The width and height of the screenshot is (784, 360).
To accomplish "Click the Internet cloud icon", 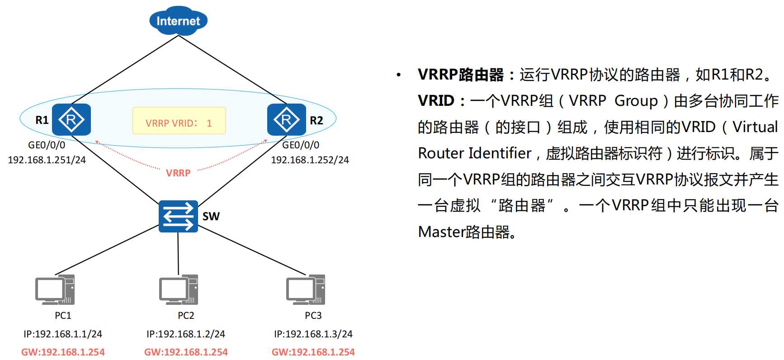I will coord(178,20).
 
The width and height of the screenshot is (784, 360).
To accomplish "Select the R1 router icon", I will coord(71,119).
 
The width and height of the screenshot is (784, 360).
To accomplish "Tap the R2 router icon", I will coord(287,119).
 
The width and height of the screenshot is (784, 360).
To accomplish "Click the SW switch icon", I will coord(178,216).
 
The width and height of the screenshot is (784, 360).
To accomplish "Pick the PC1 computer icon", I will coord(55,289).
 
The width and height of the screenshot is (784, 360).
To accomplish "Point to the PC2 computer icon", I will coord(179,289).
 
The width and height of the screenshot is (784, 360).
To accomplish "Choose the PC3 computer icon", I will coord(306,289).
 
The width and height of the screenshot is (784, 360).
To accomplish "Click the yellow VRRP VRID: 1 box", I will coord(179,121).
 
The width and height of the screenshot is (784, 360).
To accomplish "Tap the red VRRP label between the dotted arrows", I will coord(178,173).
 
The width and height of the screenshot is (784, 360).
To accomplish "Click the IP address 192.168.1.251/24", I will coord(47,160).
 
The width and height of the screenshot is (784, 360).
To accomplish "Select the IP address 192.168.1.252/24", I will coord(310,160).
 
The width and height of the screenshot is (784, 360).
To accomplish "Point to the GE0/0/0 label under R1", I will coord(47,145).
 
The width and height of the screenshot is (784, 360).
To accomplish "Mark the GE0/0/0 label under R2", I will coord(301,145).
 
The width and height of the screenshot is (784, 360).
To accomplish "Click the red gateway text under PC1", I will coord(63,352).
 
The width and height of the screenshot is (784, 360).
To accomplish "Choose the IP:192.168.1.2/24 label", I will coord(186,334).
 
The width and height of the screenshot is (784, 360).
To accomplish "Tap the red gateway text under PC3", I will coord(313,352).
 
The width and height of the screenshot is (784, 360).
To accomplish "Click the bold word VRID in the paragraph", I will coord(436,100).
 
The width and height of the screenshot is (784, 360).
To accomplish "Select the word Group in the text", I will coord(636,100).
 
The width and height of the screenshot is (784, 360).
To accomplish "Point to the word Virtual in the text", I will coord(755,127).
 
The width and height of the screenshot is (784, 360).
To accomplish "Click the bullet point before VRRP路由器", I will coord(398,75).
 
